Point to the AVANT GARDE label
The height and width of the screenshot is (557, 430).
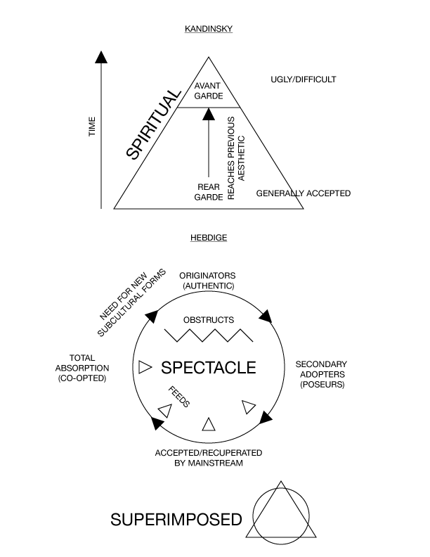click(208, 91)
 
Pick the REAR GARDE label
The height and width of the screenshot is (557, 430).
click(208, 192)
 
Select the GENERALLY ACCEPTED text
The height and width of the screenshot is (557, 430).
click(303, 193)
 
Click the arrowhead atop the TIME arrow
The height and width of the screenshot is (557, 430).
click(103, 57)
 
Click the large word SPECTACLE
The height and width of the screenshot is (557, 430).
click(209, 367)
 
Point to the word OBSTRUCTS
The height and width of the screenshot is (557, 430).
click(208, 320)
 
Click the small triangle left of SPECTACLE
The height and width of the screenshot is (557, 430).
click(145, 366)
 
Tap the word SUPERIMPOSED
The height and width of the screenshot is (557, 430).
click(176, 520)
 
